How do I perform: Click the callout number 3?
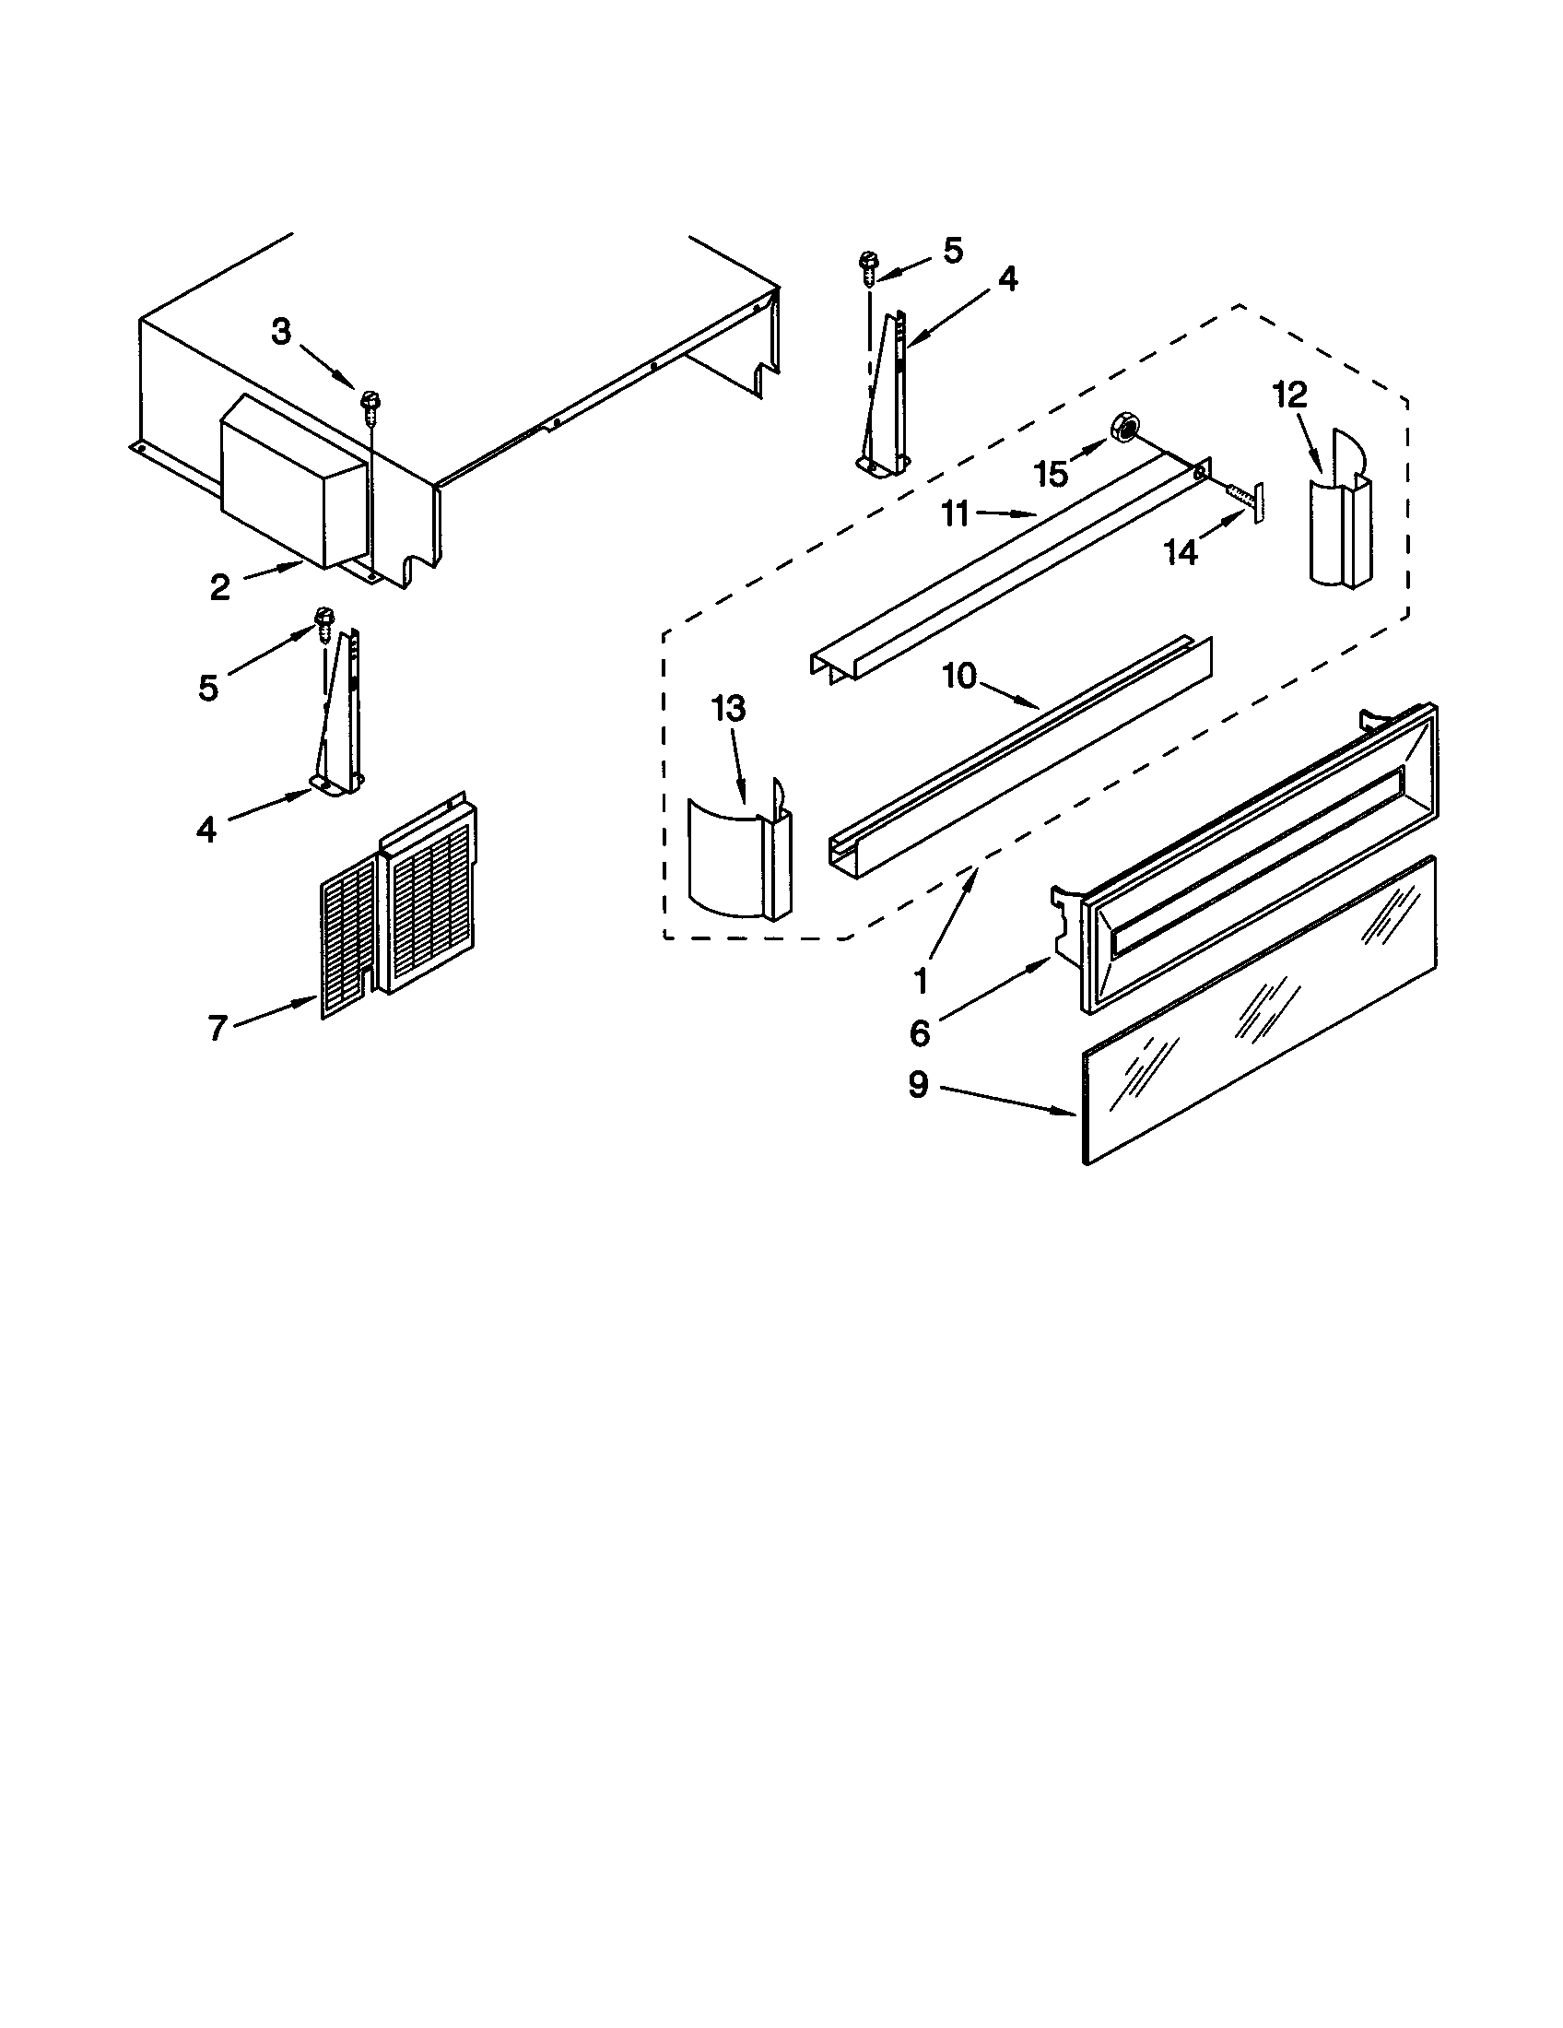(x=281, y=331)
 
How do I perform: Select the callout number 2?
(x=219, y=587)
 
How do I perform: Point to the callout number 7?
(x=217, y=1028)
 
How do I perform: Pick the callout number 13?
(x=729, y=709)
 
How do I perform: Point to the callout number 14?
(x=1181, y=552)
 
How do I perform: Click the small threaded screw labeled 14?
(x=1243, y=501)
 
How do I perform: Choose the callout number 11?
(x=955, y=513)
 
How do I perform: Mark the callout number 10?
(x=959, y=676)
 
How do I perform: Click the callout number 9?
(x=918, y=1084)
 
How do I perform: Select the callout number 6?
(x=919, y=1032)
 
